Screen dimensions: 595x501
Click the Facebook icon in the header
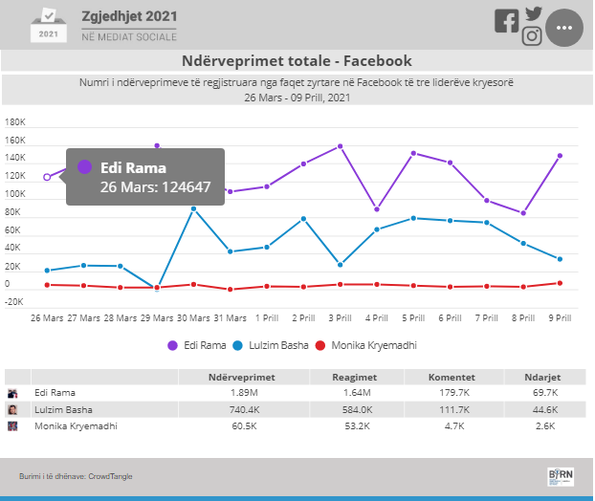coord(507,21)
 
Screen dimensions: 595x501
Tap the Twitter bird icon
coord(534,14)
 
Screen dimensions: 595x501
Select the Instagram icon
coord(532,36)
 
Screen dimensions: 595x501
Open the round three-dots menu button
coord(564,28)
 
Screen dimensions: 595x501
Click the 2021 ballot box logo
coord(49,25)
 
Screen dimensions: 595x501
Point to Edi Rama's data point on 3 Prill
coord(340,146)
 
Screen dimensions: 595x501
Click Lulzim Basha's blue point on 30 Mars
coord(193,209)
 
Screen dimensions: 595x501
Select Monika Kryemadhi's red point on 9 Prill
coord(560,283)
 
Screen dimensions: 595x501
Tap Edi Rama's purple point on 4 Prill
coord(377,209)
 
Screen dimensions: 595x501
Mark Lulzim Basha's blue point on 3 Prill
coord(340,265)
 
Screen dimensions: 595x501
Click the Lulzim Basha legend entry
coord(270,345)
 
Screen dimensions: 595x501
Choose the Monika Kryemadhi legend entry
coord(365,345)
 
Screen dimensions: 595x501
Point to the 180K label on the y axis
coord(14,122)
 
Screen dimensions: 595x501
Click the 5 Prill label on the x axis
coord(413,318)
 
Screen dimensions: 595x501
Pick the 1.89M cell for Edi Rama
coord(244,393)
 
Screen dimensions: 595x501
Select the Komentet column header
coord(452,378)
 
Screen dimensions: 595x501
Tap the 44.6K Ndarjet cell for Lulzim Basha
coord(545,409)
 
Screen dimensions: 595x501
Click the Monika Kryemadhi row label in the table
coord(76,426)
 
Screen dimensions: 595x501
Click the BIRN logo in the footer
coord(561,476)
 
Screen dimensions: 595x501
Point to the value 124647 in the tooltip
coord(186,187)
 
